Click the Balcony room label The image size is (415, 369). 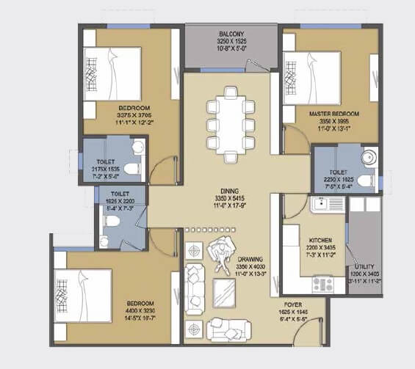point(231,34)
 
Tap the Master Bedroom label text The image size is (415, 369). point(333,114)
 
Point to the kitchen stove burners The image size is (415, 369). point(322,282)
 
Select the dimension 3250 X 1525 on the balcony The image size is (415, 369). point(231,43)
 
